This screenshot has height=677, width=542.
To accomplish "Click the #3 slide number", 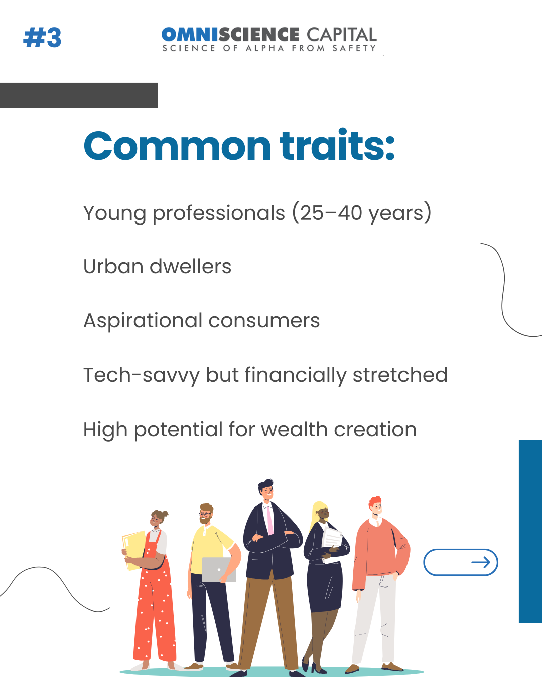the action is tap(42, 38).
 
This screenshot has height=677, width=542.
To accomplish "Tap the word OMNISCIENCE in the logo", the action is tap(230, 34).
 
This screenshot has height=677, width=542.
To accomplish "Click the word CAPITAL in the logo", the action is tap(342, 34).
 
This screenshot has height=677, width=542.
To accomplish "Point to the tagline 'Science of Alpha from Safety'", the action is tap(269, 48).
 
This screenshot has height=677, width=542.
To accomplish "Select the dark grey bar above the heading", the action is tap(79, 95).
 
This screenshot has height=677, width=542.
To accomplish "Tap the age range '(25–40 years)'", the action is tap(362, 213).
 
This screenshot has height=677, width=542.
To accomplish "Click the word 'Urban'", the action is tap(114, 266).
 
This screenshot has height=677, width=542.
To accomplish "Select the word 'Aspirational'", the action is tap(143, 321).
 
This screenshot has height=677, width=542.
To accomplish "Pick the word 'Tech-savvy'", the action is tap(142, 376).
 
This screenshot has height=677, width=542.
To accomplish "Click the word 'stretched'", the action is tap(400, 375).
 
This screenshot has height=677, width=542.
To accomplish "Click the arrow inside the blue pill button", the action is tap(481, 562).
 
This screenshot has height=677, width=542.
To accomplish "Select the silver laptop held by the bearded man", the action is tap(219, 570).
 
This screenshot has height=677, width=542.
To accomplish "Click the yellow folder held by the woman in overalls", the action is tap(134, 551).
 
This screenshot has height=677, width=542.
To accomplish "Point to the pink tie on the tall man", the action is tap(270, 521).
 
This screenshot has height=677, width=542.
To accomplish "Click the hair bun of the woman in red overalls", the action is tap(165, 514).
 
